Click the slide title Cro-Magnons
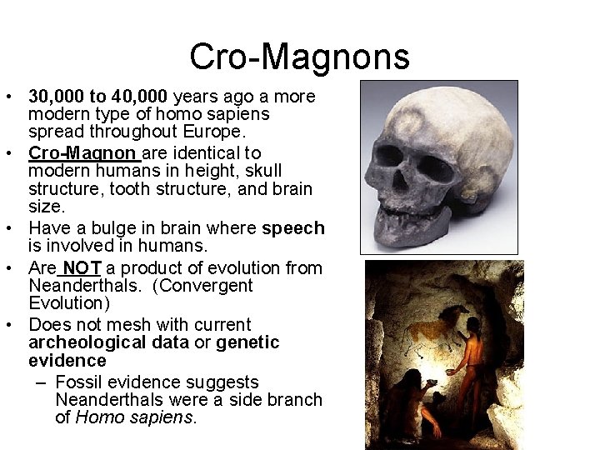(x=299, y=57)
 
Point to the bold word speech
(x=292, y=229)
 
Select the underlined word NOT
(x=81, y=268)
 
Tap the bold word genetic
(x=247, y=342)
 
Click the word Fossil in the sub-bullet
(x=77, y=382)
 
